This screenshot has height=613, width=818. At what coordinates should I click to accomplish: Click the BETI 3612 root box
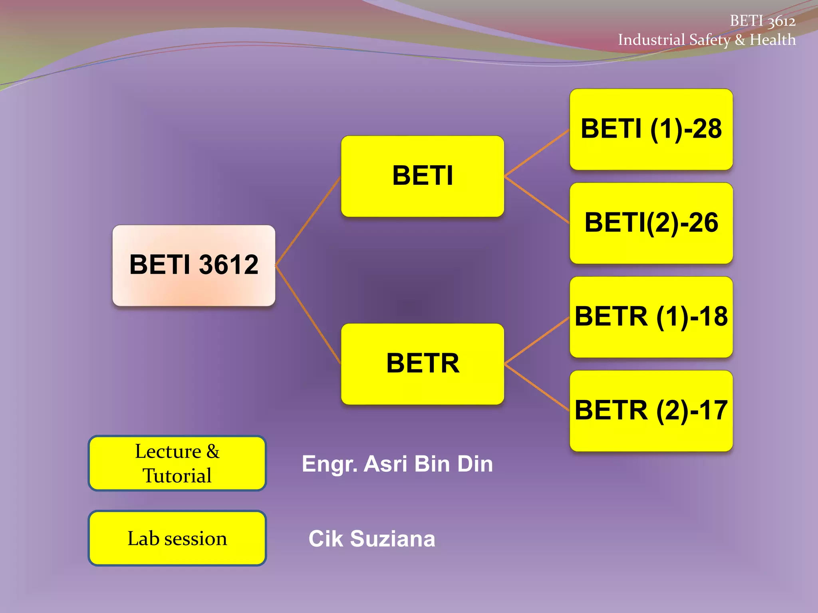coord(194,265)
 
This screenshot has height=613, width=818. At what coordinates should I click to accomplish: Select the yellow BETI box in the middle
coord(423,176)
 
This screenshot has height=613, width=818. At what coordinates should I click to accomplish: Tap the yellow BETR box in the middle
coord(423,364)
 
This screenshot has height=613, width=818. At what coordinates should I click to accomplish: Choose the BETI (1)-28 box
coord(651,129)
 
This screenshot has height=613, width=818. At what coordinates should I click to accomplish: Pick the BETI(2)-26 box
coord(651,223)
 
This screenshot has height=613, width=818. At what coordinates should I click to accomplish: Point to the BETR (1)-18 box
coord(651,317)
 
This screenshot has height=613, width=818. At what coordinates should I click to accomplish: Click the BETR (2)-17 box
coord(651,411)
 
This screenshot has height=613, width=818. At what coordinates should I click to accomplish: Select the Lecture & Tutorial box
coord(177,463)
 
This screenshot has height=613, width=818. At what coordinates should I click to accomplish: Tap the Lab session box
coord(177,538)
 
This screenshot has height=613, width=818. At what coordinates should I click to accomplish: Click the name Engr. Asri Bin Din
coord(397,464)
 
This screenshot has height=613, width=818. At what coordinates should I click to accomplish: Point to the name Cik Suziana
coord(372,539)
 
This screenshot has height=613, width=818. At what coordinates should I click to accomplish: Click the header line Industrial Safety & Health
coord(707,40)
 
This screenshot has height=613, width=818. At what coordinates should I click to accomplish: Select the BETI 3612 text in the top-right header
coord(762,21)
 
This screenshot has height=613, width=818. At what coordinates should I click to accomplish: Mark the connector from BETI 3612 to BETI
coord(308,221)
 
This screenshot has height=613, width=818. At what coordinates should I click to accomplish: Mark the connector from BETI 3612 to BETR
coord(308,314)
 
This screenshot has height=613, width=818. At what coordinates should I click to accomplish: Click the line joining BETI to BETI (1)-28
coord(537,153)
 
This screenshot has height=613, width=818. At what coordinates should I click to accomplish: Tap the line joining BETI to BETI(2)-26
coord(537,200)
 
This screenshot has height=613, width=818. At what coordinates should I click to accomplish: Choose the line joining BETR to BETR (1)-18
coord(537,340)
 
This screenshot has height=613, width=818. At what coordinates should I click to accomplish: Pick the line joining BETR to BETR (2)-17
coord(537,387)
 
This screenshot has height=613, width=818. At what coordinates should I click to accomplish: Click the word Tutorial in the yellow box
coord(177,476)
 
